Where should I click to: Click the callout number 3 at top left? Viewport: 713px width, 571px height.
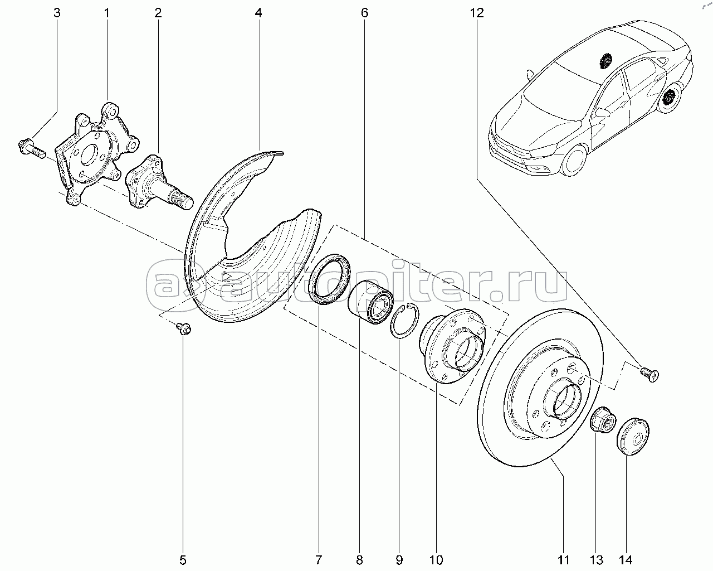click(x=56, y=13)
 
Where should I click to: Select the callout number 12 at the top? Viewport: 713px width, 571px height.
click(x=477, y=13)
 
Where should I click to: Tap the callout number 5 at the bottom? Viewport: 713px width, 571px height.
click(x=183, y=559)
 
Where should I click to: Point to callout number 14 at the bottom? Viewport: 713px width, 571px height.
click(x=626, y=559)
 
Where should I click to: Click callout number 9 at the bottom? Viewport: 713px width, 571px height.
click(x=399, y=559)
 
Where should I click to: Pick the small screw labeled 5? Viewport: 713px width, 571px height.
click(x=183, y=328)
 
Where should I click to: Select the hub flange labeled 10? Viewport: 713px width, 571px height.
click(x=453, y=348)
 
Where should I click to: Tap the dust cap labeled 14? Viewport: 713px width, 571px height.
click(x=634, y=435)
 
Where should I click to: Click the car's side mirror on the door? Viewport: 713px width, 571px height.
click(x=602, y=112)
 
